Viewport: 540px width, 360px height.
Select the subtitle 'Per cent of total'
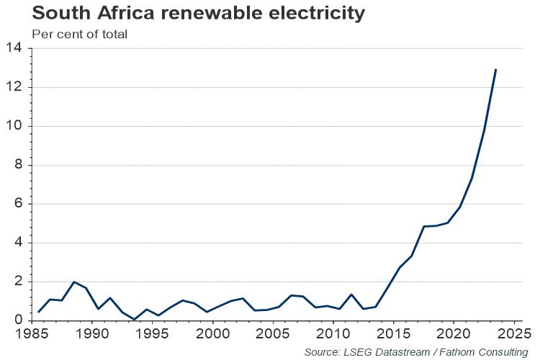click(80, 34)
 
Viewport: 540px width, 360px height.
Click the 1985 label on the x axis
click(32, 334)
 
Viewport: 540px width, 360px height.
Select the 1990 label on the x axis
click(92, 334)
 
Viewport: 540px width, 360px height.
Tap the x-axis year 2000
click(212, 334)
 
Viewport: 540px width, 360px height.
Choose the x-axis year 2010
click(333, 334)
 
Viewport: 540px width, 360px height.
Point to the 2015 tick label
click(393, 334)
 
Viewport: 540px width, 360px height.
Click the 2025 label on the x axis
click(513, 334)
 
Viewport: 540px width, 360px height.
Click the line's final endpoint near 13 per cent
click(496, 69)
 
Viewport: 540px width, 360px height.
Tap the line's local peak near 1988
click(74, 282)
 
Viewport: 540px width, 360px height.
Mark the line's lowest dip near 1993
click(135, 320)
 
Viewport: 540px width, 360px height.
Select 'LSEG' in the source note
click(361, 352)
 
